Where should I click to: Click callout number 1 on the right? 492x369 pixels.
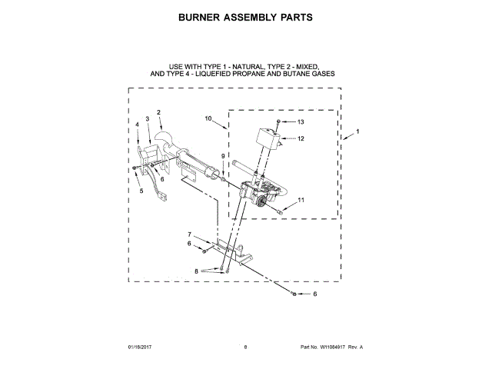coord(356,133)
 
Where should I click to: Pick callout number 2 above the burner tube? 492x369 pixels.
coord(158,113)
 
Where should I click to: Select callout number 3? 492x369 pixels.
coord(147,119)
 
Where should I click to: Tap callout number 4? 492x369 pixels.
coord(138,124)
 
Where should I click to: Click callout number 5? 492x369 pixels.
coord(141,191)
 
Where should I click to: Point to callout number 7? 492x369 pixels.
coord(190,234)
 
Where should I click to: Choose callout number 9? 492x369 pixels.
coord(223,156)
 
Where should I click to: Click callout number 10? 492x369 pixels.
coord(208,118)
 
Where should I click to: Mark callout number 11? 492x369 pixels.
coord(301,200)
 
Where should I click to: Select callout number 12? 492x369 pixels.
coord(301,139)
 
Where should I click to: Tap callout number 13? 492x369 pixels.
coord(301,122)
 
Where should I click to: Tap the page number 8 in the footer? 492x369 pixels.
coord(245,347)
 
